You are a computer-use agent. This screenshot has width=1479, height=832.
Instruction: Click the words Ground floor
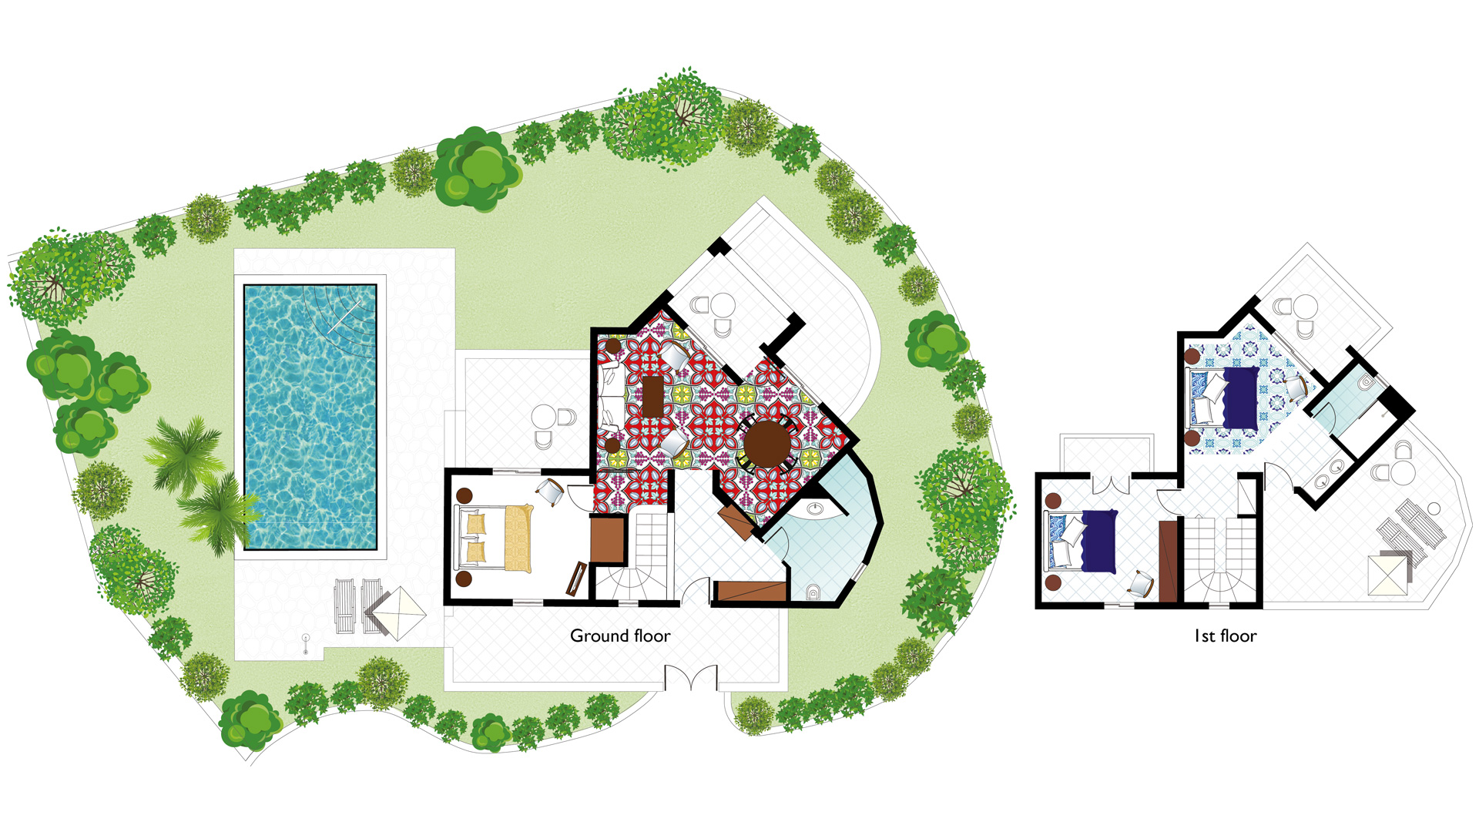620,636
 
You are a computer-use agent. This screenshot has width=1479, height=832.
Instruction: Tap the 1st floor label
1225,636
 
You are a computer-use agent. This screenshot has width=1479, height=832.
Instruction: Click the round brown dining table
767,445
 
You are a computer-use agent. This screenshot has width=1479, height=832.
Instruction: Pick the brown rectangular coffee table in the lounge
653,395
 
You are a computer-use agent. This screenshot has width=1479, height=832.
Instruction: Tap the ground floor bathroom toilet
813,592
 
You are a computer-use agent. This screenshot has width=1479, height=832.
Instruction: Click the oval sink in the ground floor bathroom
815,508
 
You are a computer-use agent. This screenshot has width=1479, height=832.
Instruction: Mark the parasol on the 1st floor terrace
1388,575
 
